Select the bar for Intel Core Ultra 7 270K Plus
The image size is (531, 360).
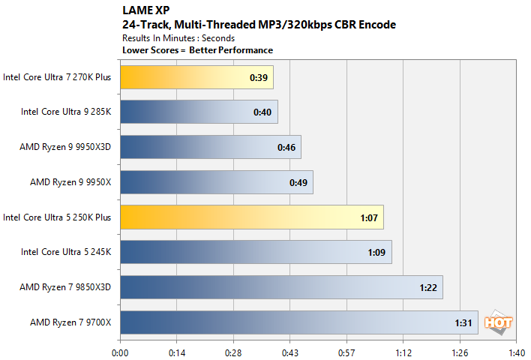point(196,77)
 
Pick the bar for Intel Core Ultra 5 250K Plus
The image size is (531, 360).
point(251,217)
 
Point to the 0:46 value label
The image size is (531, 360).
point(286,147)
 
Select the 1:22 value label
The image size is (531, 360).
point(427,287)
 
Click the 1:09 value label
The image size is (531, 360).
point(376,253)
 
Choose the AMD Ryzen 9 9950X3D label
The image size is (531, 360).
point(65,147)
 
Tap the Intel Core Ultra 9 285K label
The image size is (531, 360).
point(66,112)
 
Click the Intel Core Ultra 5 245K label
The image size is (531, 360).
point(66,253)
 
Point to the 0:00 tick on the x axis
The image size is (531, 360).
point(120,351)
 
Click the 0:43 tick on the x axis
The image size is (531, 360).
point(290,351)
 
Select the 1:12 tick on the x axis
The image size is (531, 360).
point(403,351)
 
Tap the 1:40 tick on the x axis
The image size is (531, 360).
point(517,351)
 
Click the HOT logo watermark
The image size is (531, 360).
point(499,322)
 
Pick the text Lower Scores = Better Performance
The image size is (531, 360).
point(197,50)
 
